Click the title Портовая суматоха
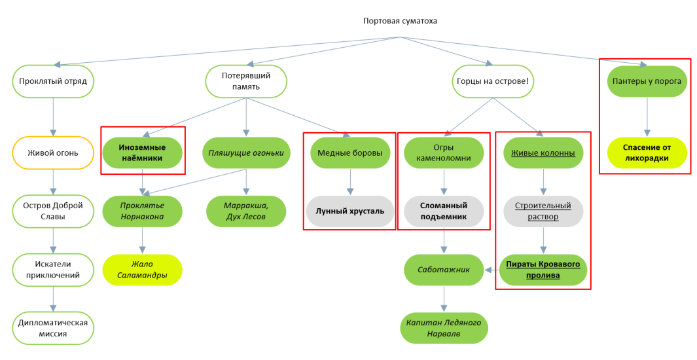tap(400, 21)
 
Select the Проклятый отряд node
tap(53, 81)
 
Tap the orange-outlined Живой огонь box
tap(53, 153)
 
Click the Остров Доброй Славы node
tap(53, 211)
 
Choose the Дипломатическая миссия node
tap(53, 328)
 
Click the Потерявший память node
tap(245, 81)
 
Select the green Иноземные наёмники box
tap(142, 153)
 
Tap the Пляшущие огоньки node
tap(246, 153)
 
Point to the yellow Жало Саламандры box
tap(142, 270)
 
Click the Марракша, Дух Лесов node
tap(246, 211)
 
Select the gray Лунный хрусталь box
tap(350, 211)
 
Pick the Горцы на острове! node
tap(493, 81)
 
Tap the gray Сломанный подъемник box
tap(444, 211)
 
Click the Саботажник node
tap(444, 270)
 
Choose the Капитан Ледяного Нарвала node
tap(444, 328)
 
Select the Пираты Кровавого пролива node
tap(543, 270)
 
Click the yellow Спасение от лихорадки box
tap(647, 153)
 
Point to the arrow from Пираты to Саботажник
tap(492, 270)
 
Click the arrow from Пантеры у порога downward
tap(647, 117)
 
